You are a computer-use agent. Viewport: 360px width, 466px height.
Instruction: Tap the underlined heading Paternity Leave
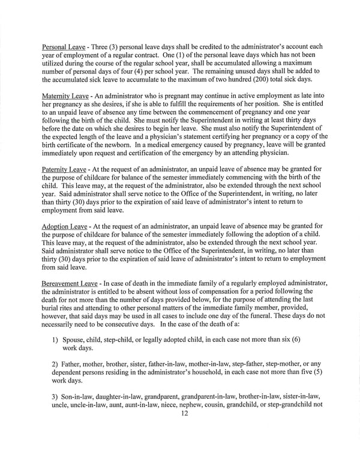(64, 169)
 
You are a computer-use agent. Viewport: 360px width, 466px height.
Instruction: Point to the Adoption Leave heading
(64, 226)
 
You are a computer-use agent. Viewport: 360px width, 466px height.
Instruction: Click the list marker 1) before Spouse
(55, 339)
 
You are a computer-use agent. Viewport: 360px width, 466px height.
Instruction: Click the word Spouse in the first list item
(74, 339)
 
